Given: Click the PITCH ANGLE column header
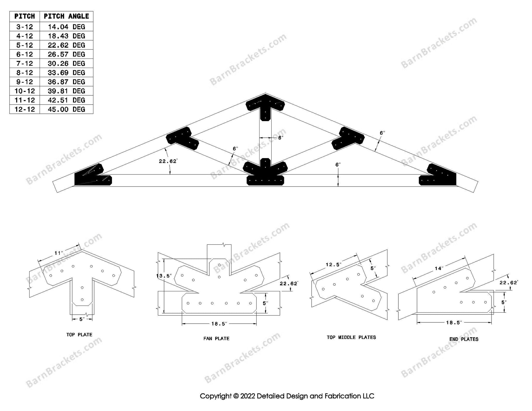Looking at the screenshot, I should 66,16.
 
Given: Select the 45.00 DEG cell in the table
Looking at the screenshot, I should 66,109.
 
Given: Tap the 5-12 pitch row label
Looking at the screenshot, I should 25,45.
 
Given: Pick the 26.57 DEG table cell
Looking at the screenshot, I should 66,54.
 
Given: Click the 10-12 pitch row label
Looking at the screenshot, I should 25,91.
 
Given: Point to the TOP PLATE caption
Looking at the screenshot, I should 79,334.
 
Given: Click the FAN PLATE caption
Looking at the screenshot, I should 216,338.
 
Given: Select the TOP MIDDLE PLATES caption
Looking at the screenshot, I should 351,337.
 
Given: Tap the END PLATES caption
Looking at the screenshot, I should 464,339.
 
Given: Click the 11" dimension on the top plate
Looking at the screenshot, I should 59,253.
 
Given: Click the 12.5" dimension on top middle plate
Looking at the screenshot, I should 333,264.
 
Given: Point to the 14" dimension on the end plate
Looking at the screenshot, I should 439,268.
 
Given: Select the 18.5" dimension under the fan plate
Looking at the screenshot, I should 219,324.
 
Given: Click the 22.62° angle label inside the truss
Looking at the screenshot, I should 168,161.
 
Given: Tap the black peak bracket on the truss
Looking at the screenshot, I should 265,106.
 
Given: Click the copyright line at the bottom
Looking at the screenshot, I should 287,396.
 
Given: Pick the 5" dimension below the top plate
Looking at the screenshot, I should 82,319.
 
